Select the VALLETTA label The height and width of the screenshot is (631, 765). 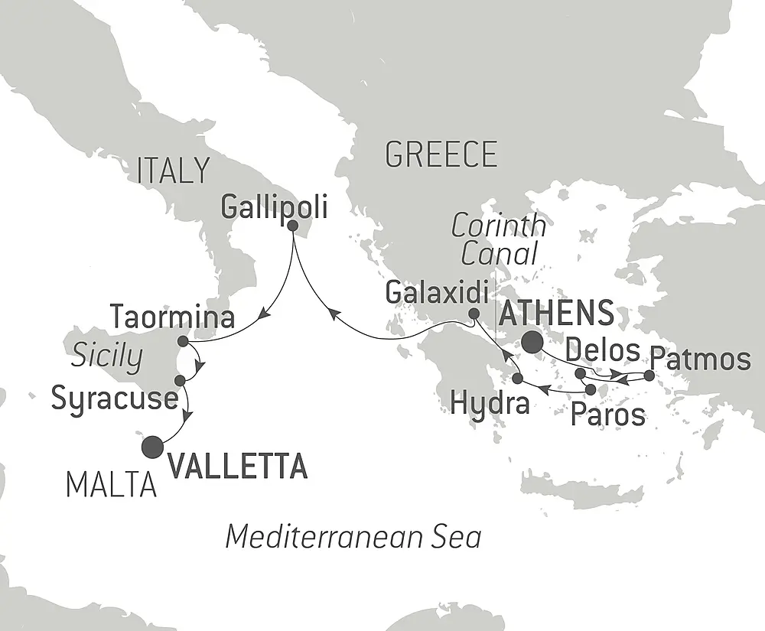tap(237, 465)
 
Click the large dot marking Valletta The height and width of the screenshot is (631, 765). tap(154, 445)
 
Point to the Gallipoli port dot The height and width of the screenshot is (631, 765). tap(293, 225)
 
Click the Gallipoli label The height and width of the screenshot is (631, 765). tap(273, 205)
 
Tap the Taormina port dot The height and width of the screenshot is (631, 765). tap(182, 341)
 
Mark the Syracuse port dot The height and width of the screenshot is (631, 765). tap(179, 380)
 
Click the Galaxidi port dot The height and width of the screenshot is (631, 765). tap(474, 314)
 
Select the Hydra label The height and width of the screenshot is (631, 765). tap(490, 402)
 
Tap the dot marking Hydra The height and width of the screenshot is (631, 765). tap(518, 379)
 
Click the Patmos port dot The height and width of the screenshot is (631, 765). tap(649, 376)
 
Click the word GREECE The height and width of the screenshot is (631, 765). tap(441, 154)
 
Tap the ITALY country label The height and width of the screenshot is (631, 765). tap(172, 171)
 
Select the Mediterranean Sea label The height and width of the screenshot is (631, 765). tap(353, 537)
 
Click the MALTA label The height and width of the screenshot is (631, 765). tap(111, 485)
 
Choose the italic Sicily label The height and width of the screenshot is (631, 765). tap(107, 356)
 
